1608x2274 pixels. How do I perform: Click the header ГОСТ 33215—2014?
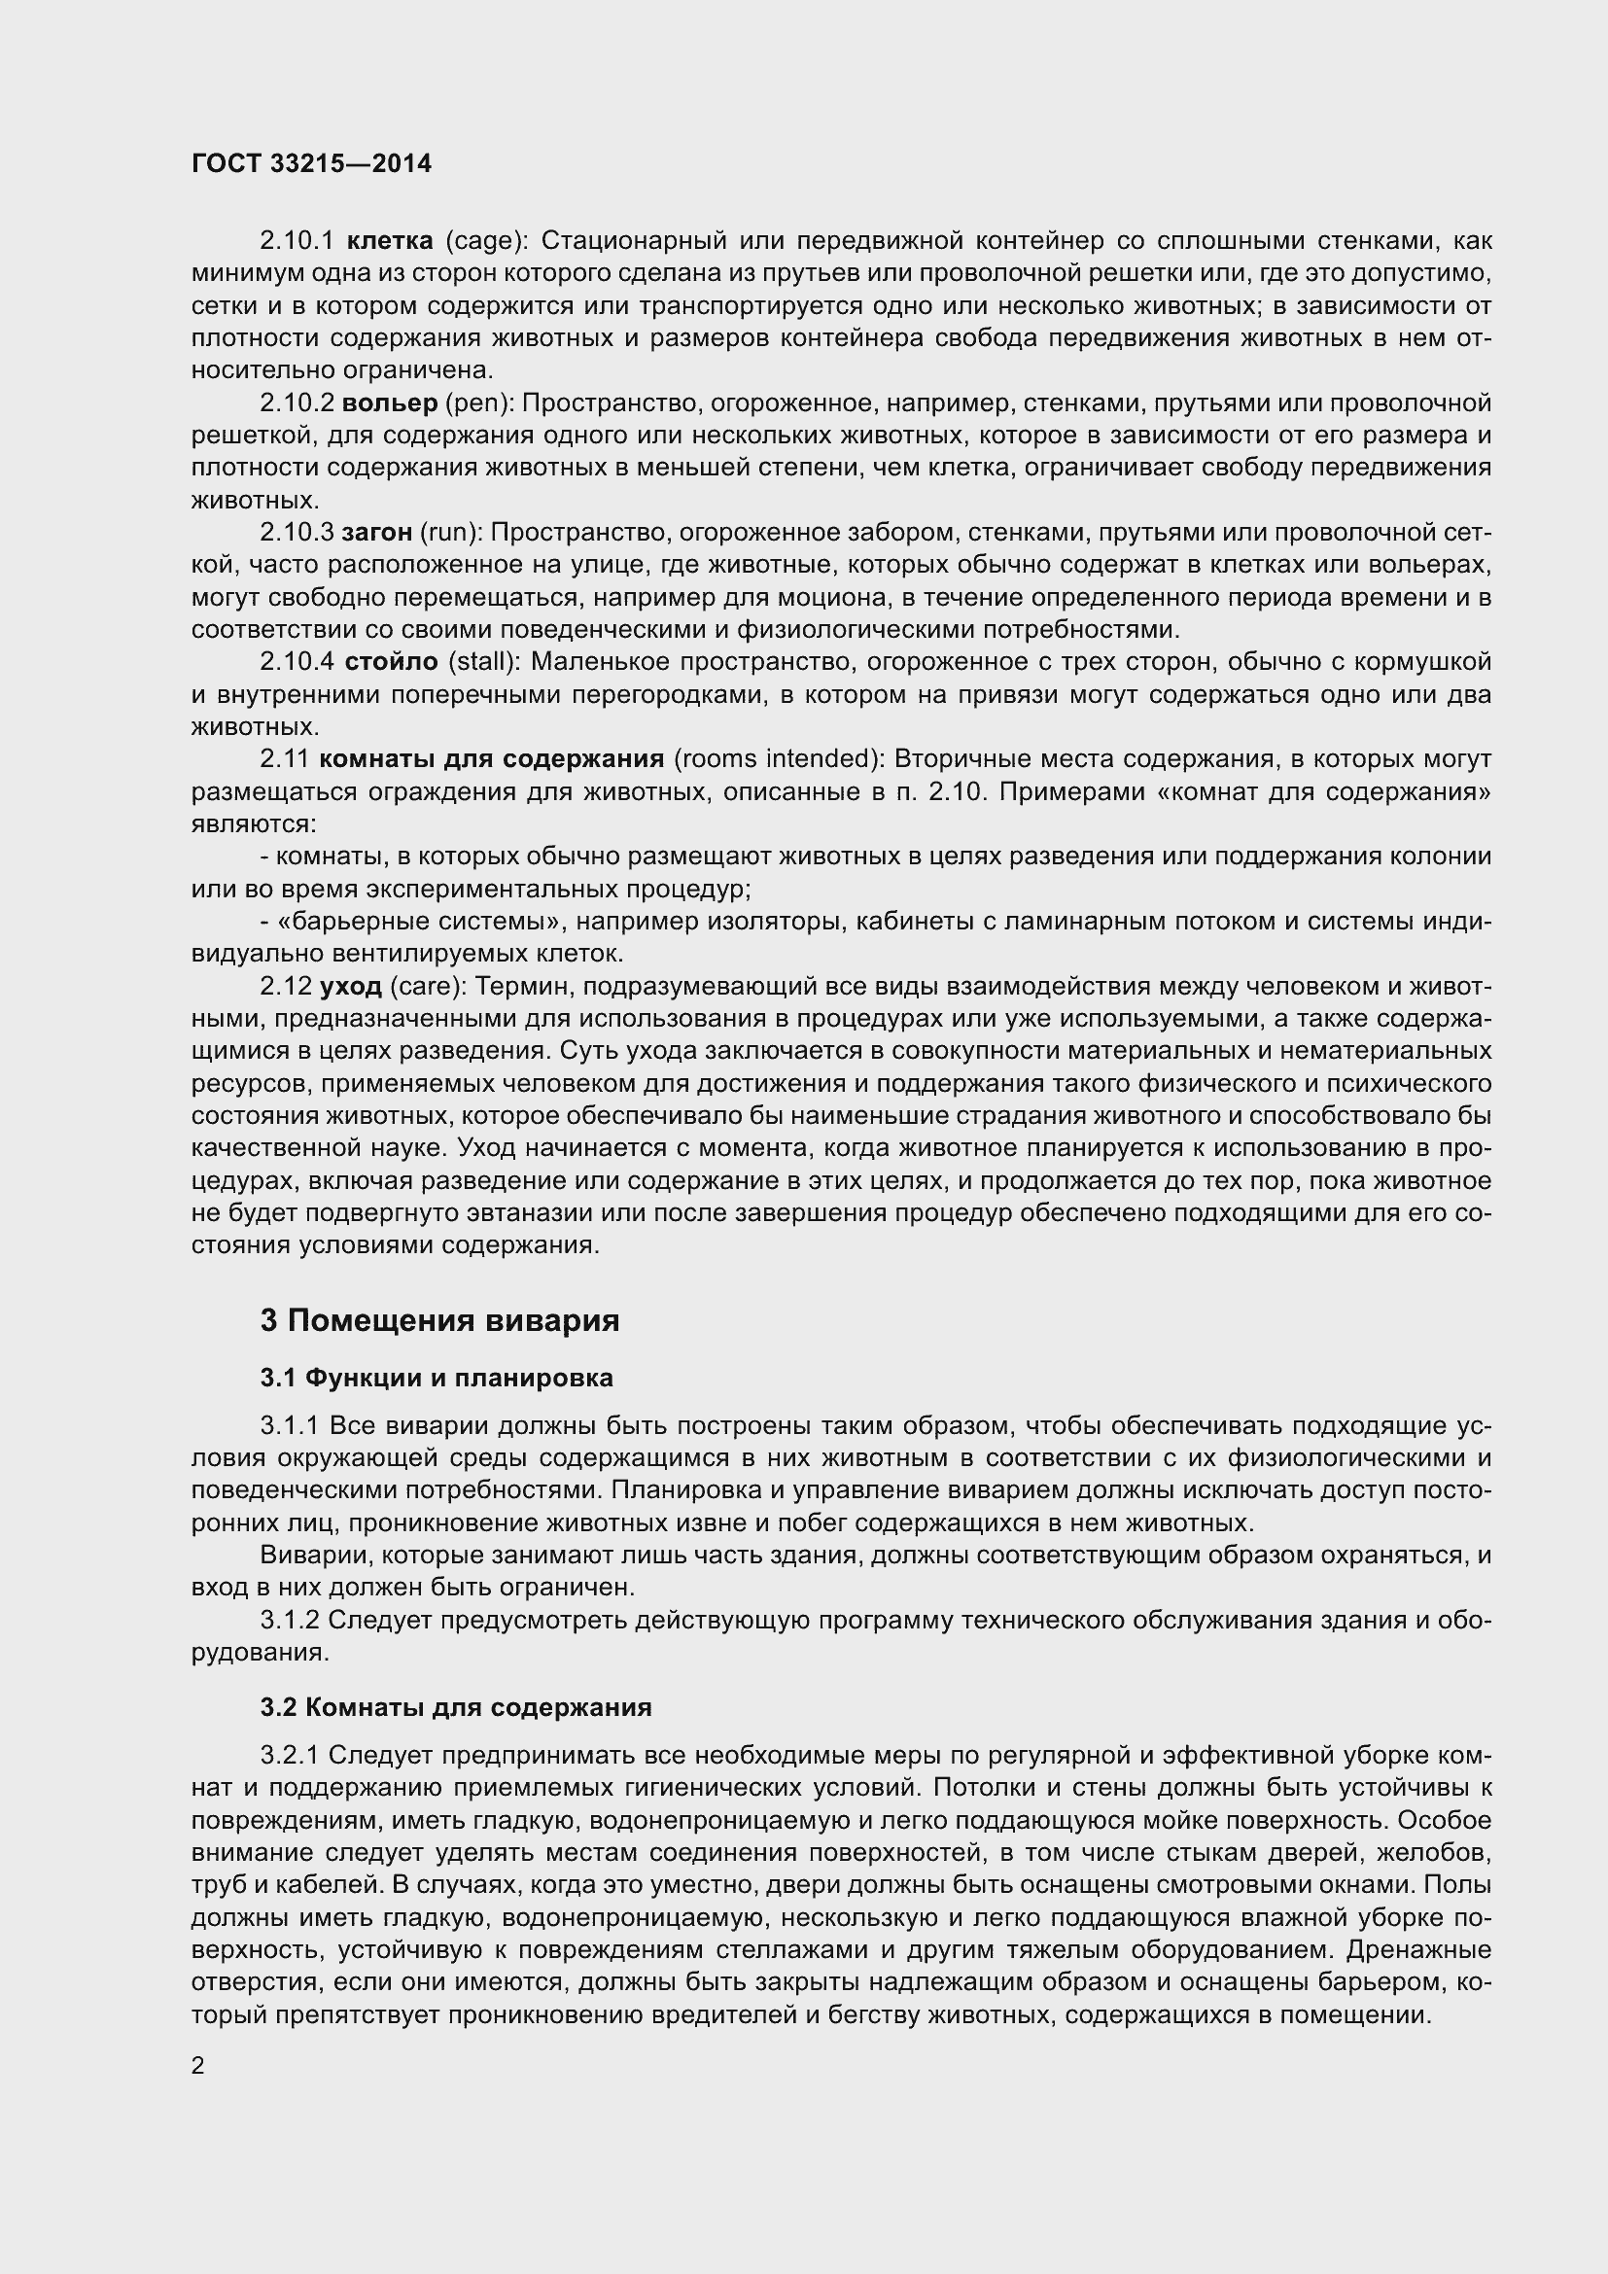point(311,164)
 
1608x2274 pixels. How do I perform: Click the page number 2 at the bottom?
point(198,2066)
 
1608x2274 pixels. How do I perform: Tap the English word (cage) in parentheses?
point(487,241)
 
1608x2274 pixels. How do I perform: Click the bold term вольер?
point(389,403)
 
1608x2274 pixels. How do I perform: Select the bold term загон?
point(376,533)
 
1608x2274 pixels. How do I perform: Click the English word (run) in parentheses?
point(450,533)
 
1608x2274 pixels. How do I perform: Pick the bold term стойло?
point(390,662)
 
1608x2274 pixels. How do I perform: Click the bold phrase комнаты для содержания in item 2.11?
point(491,758)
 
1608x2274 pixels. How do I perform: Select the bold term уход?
point(351,987)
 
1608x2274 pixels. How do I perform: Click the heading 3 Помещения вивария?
point(439,1320)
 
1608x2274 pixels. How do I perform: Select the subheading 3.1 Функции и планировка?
point(437,1378)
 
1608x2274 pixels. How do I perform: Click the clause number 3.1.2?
point(289,1621)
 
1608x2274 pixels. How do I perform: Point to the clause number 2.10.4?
point(298,662)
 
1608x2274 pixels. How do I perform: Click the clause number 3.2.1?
point(289,1755)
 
